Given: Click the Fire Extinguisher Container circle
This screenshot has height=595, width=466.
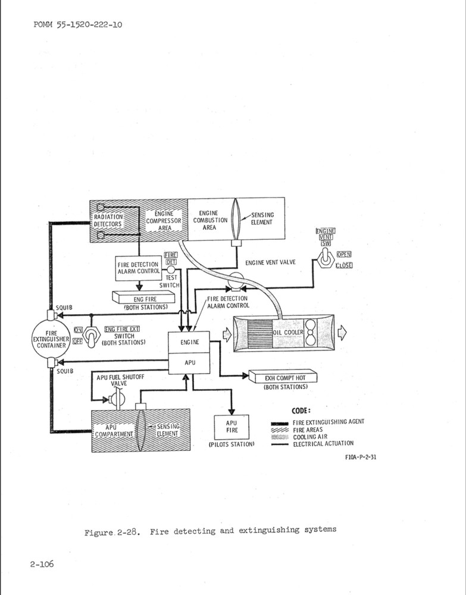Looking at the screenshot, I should coord(51,338).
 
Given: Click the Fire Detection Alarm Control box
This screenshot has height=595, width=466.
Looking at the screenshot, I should coord(138,268).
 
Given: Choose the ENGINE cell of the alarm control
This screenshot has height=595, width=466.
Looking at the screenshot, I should coord(190,343).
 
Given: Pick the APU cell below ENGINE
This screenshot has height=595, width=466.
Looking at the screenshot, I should coord(190,362).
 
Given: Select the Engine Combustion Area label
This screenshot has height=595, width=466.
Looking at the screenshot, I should coord(209,220).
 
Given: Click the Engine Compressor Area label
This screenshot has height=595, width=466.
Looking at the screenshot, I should coord(161,220).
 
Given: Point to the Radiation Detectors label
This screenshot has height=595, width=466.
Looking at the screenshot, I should coord(108,221).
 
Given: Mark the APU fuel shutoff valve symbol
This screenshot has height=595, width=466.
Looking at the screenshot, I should coord(117,399).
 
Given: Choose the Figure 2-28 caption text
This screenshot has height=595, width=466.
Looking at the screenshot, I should coord(210,530).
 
